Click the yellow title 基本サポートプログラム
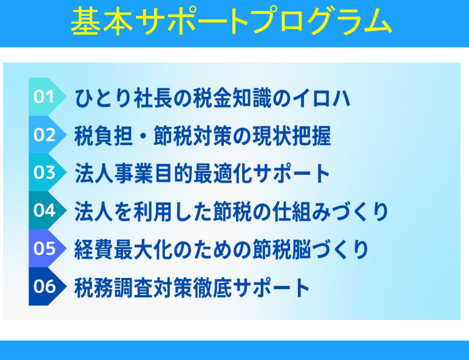pyautogui.click(x=231, y=21)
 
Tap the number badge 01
pyautogui.click(x=47, y=97)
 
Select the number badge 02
pyautogui.click(x=47, y=135)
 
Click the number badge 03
pyautogui.click(x=47, y=172)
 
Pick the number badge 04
pyautogui.click(x=47, y=211)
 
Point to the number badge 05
pyautogui.click(x=47, y=248)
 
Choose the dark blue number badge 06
pyautogui.click(x=47, y=287)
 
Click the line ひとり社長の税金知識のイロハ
pyautogui.click(x=212, y=98)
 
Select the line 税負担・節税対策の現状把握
pyautogui.click(x=203, y=136)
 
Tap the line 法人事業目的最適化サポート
pyautogui.click(x=203, y=174)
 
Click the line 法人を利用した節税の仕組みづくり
pyautogui.click(x=231, y=212)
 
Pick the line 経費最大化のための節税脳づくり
pyautogui.click(x=221, y=250)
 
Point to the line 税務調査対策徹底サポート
pyautogui.click(x=192, y=288)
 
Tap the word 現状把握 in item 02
pyautogui.click(x=292, y=136)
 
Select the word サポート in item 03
pyautogui.click(x=292, y=174)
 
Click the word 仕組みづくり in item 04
pyautogui.click(x=331, y=212)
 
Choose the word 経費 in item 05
pyautogui.click(x=94, y=250)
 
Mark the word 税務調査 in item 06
pyautogui.click(x=113, y=288)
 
